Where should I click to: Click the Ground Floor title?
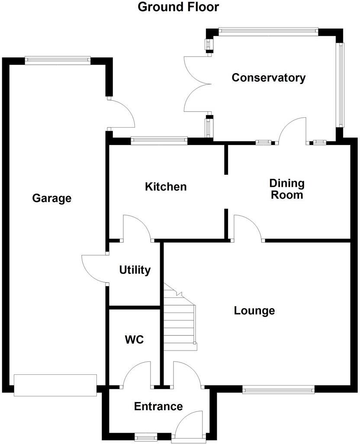pos(178,7)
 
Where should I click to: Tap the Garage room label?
pos(51,199)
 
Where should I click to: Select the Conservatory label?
pos(269,78)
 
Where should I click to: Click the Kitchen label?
pos(166,187)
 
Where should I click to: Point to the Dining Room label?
pos(287,189)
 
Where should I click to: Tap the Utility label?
pos(135,270)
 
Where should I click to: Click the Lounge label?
pos(254,310)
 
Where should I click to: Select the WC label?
pos(134,340)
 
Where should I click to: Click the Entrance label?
pos(158,406)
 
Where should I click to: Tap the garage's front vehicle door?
pos(55,385)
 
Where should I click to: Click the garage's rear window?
pos(58,61)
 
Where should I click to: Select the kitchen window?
pos(159,140)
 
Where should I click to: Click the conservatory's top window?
pos(268,31)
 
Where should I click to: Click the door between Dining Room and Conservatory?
pos(292,130)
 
